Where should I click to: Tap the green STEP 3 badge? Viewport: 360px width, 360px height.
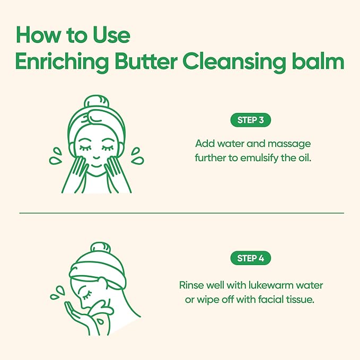pyautogui.click(x=251, y=120)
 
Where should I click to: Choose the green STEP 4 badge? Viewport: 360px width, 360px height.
pyautogui.click(x=251, y=259)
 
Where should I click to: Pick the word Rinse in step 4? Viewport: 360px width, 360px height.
pyautogui.click(x=190, y=286)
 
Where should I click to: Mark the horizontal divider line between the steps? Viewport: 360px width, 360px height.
pyautogui.click(x=180, y=214)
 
